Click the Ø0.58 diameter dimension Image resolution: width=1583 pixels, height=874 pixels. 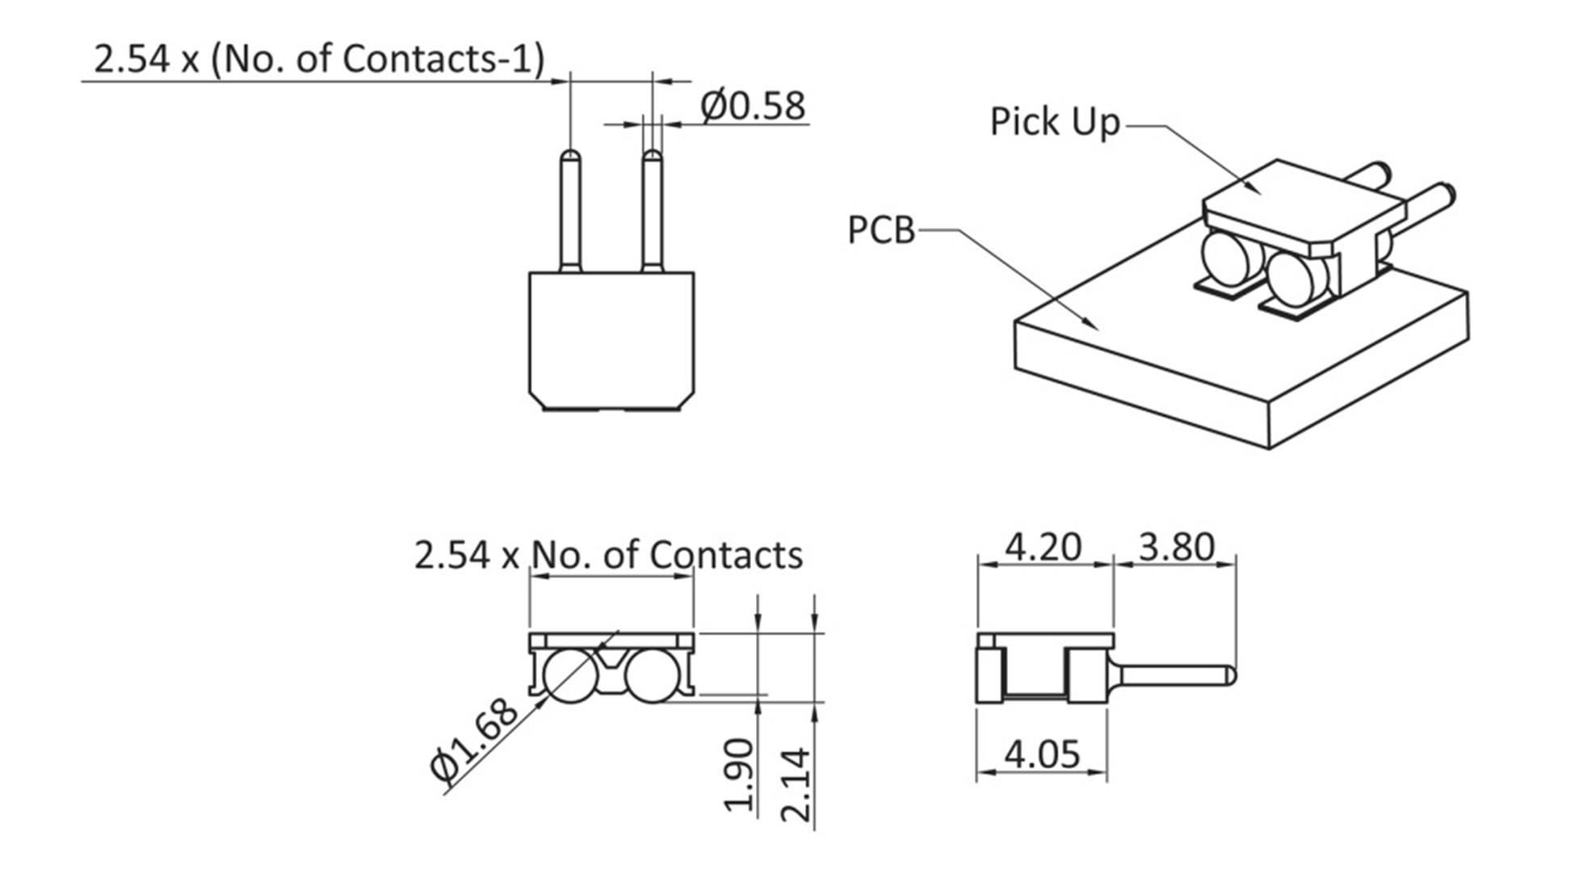pos(753,106)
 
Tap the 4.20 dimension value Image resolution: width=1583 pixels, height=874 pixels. pos(1043,547)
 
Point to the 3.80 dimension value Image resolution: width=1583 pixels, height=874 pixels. pos(1176,547)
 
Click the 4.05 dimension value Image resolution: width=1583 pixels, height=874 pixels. pos(1042,754)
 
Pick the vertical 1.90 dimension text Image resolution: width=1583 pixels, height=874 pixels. pos(740,775)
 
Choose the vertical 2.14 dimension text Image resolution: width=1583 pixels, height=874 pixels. pos(796,784)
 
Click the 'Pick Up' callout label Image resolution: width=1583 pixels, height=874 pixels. pos(1055,122)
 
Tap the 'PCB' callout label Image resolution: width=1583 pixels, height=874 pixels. pos(881,230)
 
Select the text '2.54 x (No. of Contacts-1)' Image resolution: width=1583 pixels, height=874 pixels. pos(320,59)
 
